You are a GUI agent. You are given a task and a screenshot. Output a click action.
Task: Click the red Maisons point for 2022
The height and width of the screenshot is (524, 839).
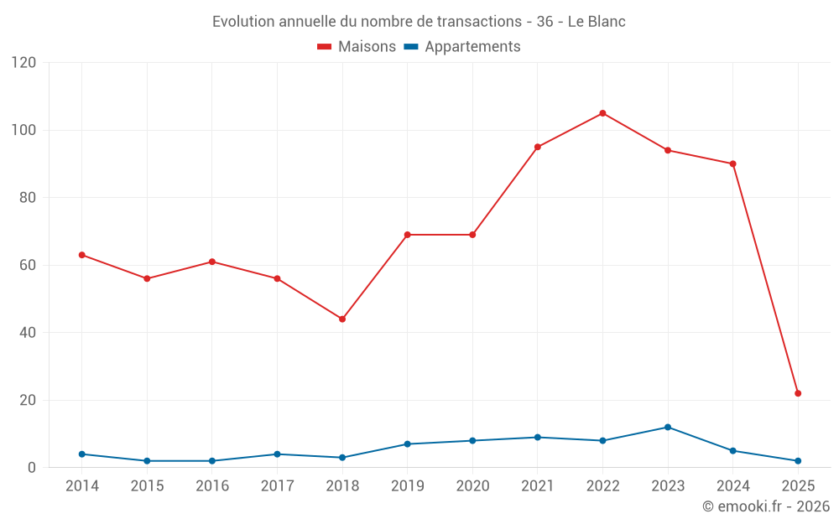pyautogui.click(x=602, y=113)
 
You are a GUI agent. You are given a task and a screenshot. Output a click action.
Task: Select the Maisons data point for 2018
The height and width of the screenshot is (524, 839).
pyautogui.click(x=342, y=319)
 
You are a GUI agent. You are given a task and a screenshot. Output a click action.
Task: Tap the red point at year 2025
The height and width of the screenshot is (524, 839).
pyautogui.click(x=798, y=393)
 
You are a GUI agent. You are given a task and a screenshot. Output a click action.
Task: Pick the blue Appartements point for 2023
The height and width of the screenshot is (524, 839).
pyautogui.click(x=668, y=427)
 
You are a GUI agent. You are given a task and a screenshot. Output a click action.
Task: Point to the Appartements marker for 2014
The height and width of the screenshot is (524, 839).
pyautogui.click(x=81, y=454)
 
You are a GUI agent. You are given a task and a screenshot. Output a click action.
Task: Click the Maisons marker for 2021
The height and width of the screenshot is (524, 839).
pyautogui.click(x=538, y=147)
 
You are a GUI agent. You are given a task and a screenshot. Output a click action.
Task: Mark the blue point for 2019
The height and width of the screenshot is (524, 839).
pyautogui.click(x=408, y=444)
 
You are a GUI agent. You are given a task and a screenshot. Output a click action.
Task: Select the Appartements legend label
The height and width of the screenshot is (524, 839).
pyautogui.click(x=472, y=47)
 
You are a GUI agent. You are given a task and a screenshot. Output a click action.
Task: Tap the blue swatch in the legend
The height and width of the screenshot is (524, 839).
pyautogui.click(x=411, y=47)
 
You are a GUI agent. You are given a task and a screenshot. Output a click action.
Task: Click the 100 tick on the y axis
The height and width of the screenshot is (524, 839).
pyautogui.click(x=24, y=130)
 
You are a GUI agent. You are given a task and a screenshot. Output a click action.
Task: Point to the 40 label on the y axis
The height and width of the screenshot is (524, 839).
pyautogui.click(x=28, y=332)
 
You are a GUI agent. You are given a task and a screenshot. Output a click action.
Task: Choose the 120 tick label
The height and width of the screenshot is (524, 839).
pyautogui.click(x=24, y=63)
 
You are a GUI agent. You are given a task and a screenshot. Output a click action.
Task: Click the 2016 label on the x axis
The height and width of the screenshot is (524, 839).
pyautogui.click(x=212, y=485)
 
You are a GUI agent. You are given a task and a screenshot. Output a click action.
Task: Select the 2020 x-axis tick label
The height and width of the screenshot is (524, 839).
pyautogui.click(x=472, y=485)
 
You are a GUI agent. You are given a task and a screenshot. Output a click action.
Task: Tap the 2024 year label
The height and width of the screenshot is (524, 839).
pyautogui.click(x=733, y=485)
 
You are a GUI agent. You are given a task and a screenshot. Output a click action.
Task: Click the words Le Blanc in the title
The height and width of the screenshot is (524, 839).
pyautogui.click(x=597, y=21)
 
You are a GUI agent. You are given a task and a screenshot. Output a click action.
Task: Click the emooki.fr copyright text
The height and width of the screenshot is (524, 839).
pyautogui.click(x=766, y=506)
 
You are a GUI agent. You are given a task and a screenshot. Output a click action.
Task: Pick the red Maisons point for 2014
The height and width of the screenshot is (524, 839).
pyautogui.click(x=81, y=255)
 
